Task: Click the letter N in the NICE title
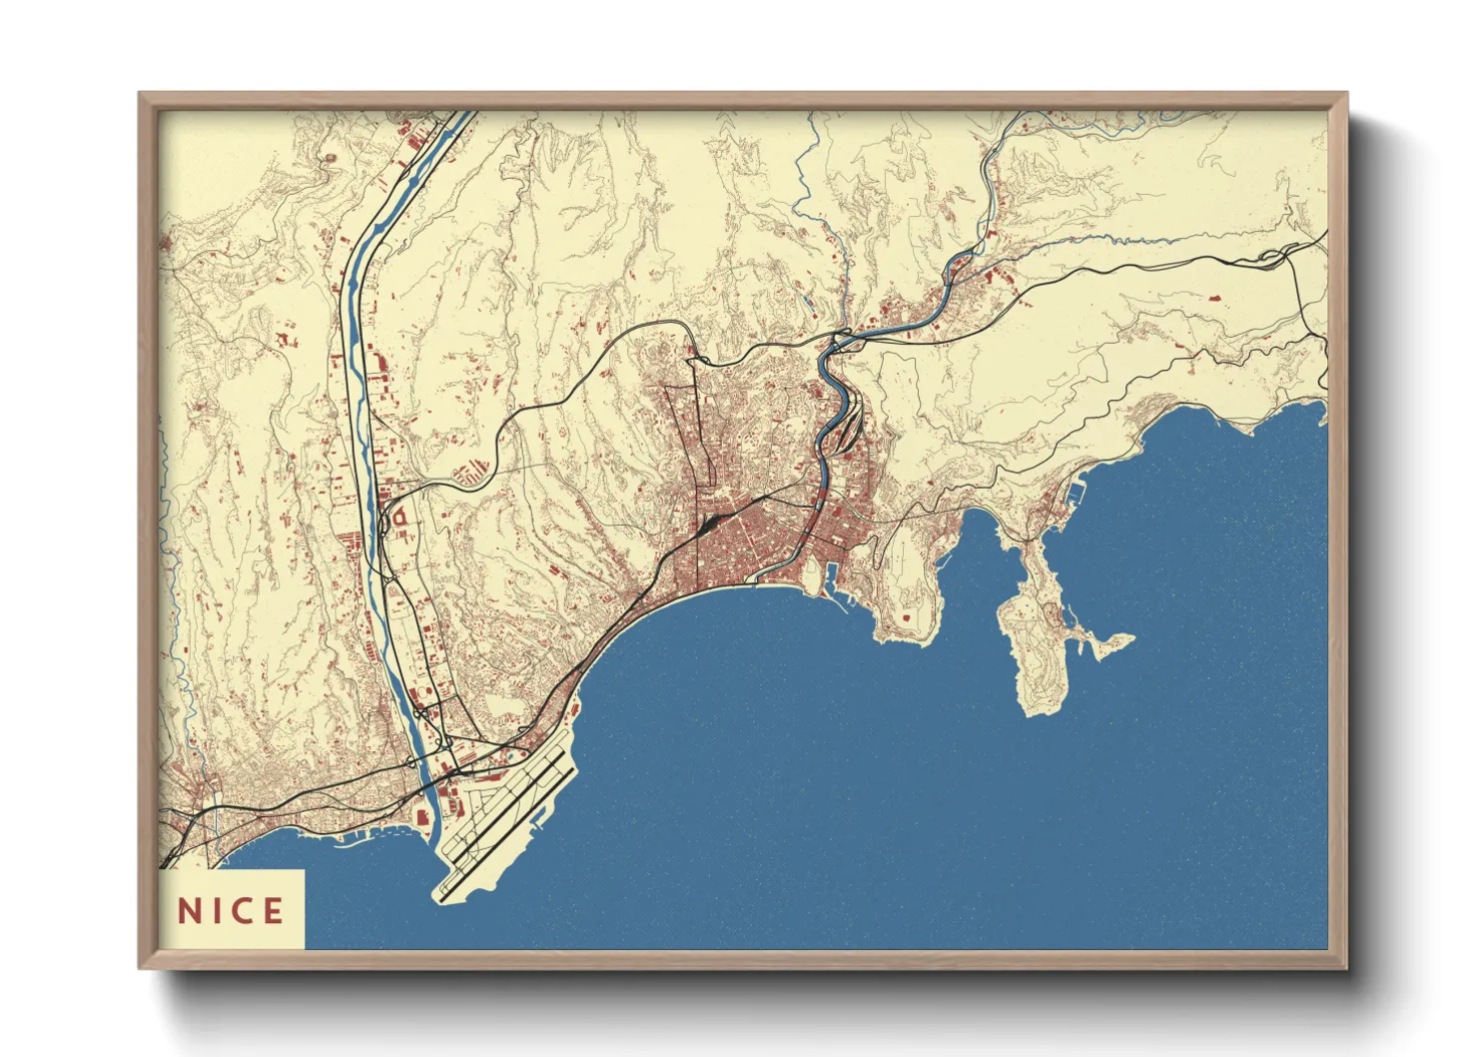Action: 189,910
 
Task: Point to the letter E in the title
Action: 273,910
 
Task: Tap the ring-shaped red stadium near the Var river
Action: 397,519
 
